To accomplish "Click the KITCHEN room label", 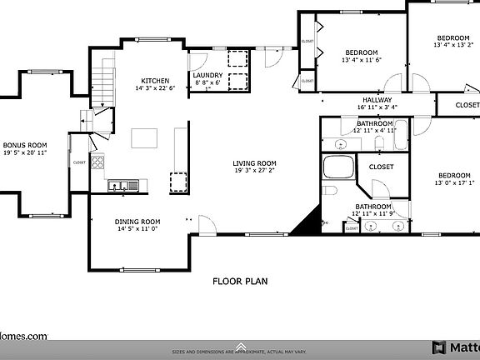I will click(x=155, y=80).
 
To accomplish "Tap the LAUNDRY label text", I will click(x=207, y=75).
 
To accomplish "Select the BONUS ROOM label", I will click(x=24, y=144).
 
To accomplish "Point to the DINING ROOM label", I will click(x=137, y=221).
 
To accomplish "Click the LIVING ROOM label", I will click(x=255, y=163).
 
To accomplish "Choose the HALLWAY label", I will click(x=377, y=99).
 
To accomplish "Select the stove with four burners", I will click(x=98, y=162).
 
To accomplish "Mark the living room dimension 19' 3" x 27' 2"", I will click(x=255, y=172).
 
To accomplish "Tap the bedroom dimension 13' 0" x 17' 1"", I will click(x=454, y=183).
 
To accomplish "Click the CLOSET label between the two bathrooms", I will click(x=381, y=167).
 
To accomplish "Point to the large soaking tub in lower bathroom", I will click(x=338, y=167).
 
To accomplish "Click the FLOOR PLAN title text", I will click(x=239, y=281).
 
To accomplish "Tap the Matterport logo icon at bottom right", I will click(x=438, y=347).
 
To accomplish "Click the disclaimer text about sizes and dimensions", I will click(x=240, y=352).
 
